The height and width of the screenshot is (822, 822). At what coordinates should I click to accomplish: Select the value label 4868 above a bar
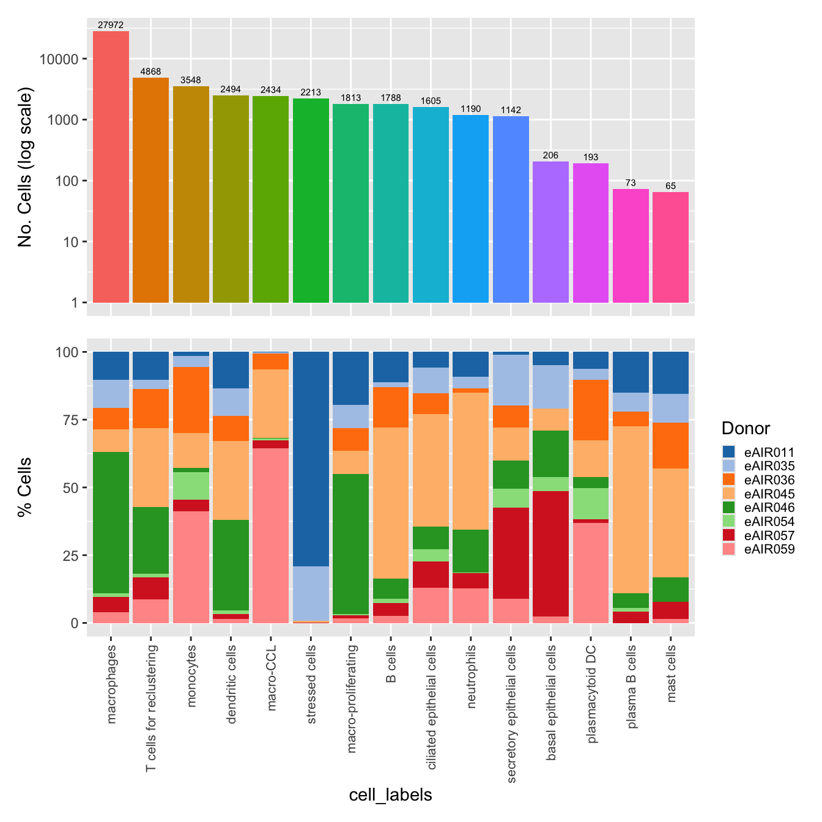(150, 72)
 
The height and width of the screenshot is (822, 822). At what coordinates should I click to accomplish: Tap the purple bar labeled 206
(550, 232)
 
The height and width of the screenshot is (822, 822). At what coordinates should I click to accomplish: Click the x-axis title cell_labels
(390, 795)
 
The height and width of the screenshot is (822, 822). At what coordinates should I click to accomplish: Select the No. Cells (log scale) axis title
(25, 166)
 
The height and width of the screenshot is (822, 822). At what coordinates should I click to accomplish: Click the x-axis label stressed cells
(311, 684)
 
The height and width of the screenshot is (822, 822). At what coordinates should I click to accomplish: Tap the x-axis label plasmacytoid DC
(591, 694)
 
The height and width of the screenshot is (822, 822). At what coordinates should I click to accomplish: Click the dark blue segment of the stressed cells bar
(311, 459)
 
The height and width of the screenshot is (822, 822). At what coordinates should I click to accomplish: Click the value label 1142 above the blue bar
(511, 110)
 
